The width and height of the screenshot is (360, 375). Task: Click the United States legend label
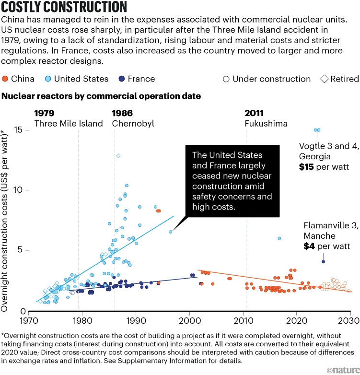click(82, 79)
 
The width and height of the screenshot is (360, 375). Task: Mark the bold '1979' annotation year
click(45, 113)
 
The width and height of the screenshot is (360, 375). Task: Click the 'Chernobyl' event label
click(133, 123)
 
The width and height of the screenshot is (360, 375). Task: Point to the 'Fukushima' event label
click(266, 123)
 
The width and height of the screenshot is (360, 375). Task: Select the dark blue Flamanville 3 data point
click(324, 262)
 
